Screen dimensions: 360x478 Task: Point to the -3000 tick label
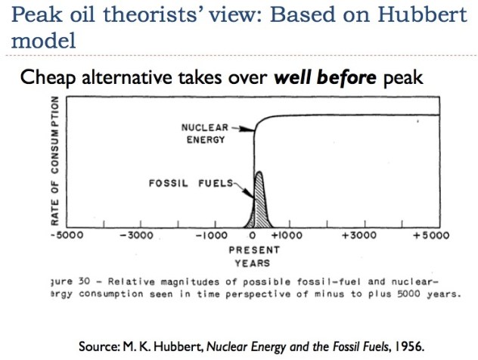(x=136, y=235)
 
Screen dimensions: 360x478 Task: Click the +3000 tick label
(x=362, y=235)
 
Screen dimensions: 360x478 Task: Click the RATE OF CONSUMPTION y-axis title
(x=55, y=163)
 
